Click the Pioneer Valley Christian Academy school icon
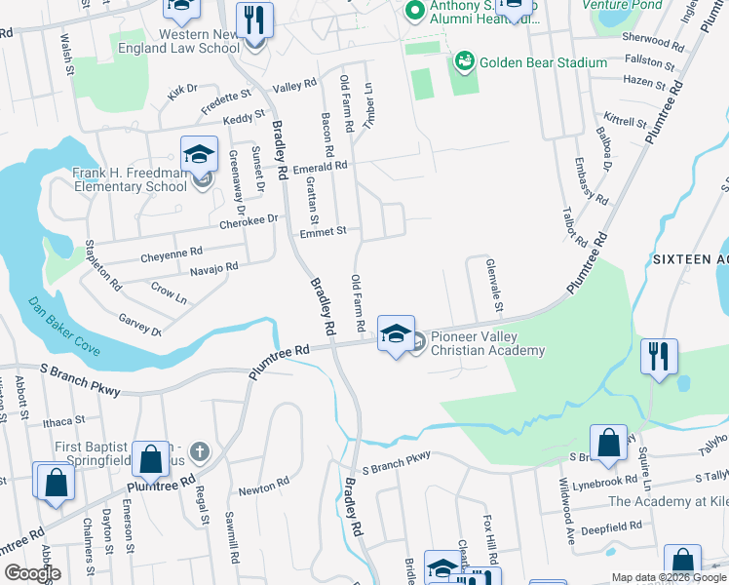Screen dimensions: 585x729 396,334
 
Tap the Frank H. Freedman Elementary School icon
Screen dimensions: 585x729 199,154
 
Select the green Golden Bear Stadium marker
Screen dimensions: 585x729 464,62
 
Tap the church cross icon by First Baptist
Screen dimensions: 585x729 199,450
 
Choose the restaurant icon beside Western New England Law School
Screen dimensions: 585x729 254,20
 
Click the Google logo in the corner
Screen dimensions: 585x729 32,573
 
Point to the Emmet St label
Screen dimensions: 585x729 323,231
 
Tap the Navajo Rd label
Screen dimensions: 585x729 213,267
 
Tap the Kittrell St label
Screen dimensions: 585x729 625,122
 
